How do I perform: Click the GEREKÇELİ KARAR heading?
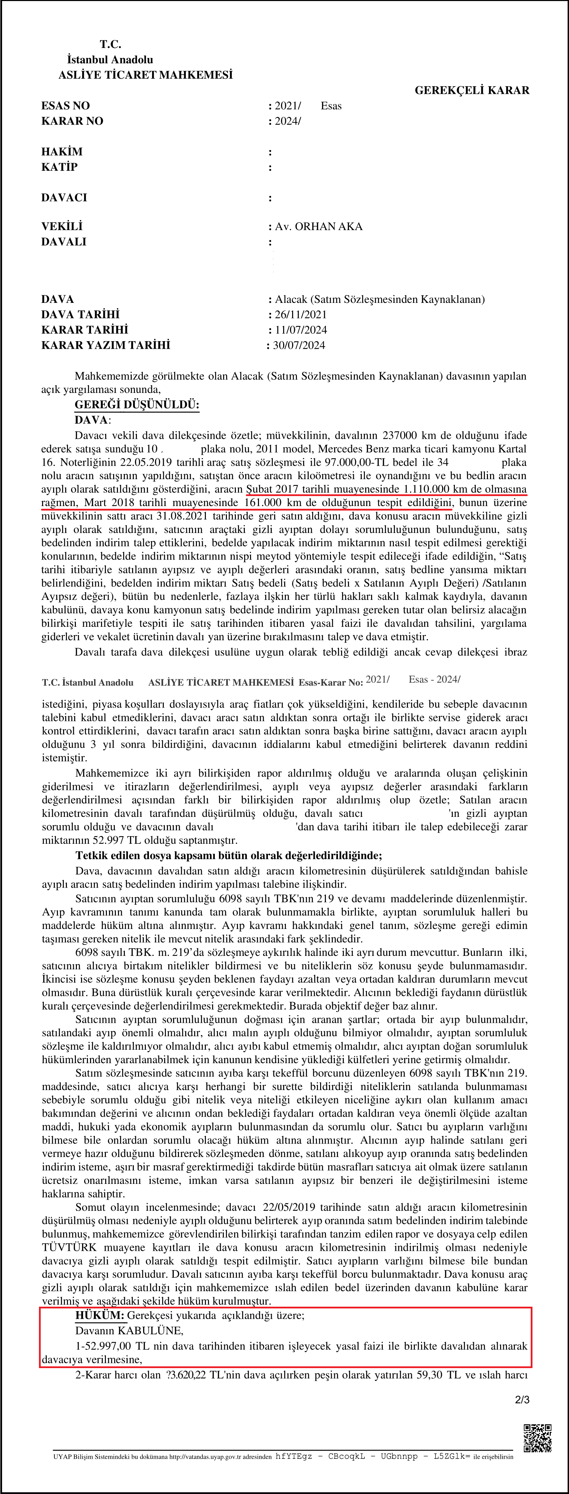coord(471,90)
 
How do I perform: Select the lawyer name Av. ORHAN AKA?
coord(318,227)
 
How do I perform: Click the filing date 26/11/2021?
coord(300,315)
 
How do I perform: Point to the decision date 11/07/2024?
coord(300,330)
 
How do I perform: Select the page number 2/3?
coord(522,1399)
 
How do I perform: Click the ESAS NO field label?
coord(66,106)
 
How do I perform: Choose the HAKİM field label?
coord(62,152)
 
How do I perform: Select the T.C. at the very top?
coord(110,44)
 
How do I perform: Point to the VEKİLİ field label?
coord(62,227)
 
